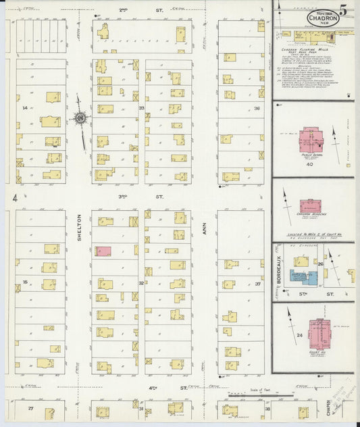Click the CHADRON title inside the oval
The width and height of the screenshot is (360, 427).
coord(323,18)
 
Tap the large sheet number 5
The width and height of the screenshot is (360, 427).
coord(344,11)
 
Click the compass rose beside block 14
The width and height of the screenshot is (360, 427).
coord(81,119)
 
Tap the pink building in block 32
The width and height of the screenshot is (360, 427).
coord(105,251)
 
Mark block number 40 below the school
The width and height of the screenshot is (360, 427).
coord(310,164)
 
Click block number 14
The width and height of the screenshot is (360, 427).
coord(25,108)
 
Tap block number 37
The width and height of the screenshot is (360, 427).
coord(257,284)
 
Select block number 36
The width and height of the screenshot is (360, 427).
coord(257,108)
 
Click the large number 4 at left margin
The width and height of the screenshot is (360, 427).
coord(14,198)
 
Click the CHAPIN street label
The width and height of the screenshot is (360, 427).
coord(329,407)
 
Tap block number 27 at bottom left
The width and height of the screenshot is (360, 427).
coord(30,409)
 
